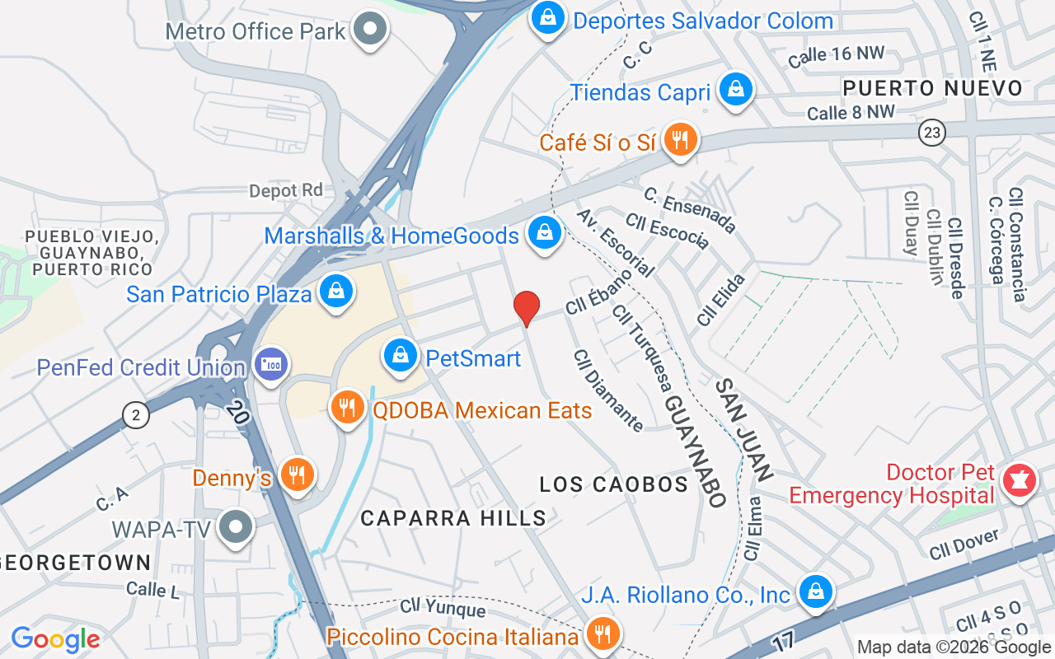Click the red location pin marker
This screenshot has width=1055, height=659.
point(527,308)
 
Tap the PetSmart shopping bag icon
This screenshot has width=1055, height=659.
point(400,356)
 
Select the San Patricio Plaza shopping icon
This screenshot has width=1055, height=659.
point(336,291)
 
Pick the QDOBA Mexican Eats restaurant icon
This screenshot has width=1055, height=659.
point(348,407)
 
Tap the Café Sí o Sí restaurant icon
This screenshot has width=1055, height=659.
point(679,139)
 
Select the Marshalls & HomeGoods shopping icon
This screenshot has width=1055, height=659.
point(545,233)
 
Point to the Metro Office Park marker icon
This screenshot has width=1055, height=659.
point(370,30)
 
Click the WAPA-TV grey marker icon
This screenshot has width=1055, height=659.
point(237,527)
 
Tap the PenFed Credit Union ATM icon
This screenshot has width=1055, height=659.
point(270,364)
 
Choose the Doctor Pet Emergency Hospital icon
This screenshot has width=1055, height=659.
point(1019,479)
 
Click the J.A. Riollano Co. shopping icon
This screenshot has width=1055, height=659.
point(815,591)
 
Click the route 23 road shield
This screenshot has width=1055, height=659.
point(932,133)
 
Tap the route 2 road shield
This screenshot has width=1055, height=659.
point(135,415)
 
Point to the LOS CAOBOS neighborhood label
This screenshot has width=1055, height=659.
point(613,484)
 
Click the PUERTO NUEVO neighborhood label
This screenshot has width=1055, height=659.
point(932,88)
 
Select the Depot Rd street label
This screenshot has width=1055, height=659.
point(286,190)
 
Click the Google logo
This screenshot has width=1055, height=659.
point(56,639)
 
